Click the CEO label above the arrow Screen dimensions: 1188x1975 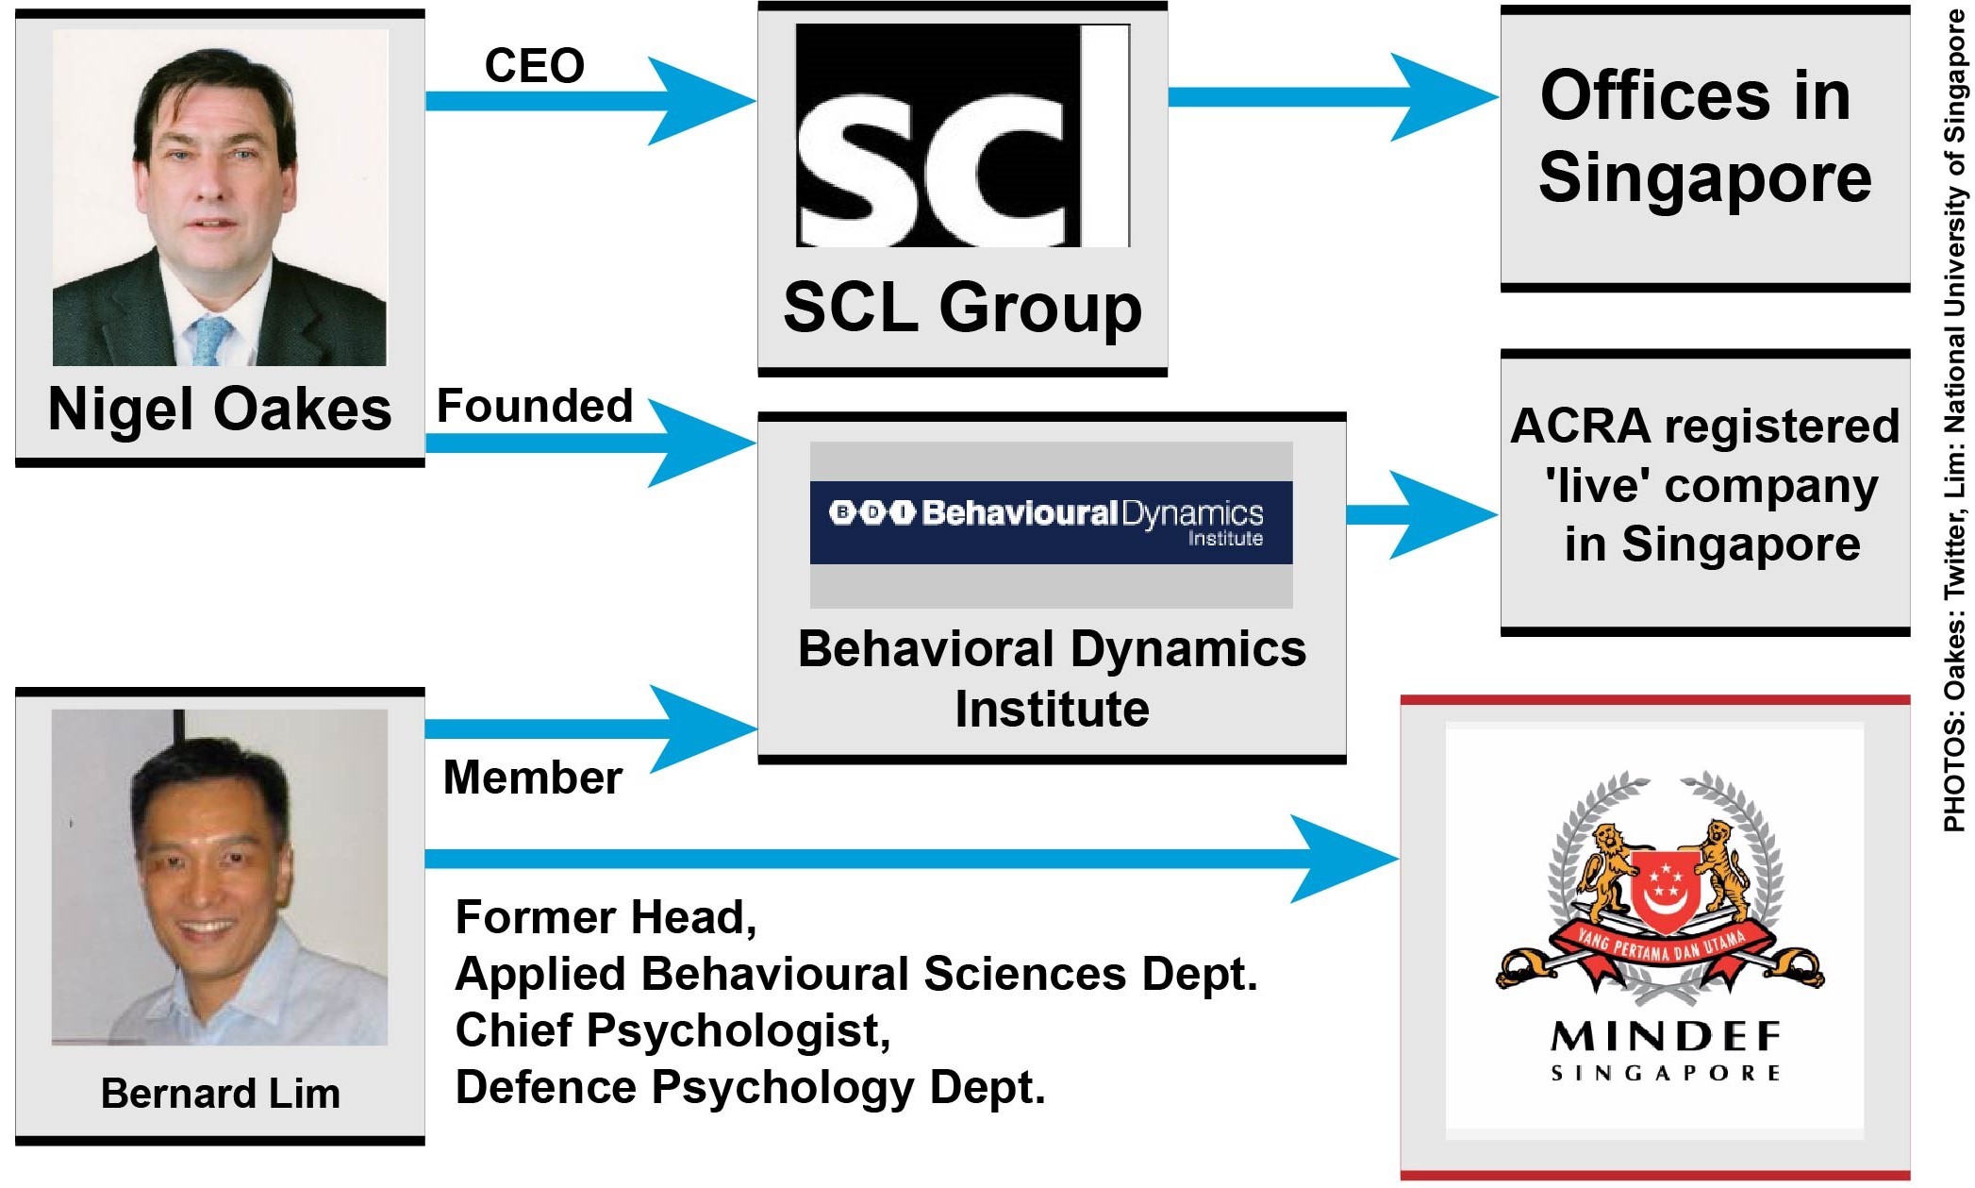pyautogui.click(x=534, y=66)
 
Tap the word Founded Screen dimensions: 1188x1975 pyautogui.click(x=534, y=407)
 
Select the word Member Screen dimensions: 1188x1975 pyautogui.click(x=532, y=778)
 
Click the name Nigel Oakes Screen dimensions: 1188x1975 pyautogui.click(x=219, y=410)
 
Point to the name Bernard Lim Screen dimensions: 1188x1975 pyautogui.click(x=220, y=1094)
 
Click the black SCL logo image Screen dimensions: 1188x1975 pyautogui.click(x=962, y=136)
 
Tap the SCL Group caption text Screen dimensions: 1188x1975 pyautogui.click(x=962, y=308)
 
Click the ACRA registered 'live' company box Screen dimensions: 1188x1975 pyautogui.click(x=1704, y=486)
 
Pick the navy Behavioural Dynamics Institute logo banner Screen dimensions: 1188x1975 pyautogui.click(x=1051, y=522)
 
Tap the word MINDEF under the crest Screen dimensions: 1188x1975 pyautogui.click(x=1666, y=1038)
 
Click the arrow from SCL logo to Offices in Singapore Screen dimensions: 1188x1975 pyautogui.click(x=1330, y=96)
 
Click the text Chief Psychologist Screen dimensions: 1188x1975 pyautogui.click(x=672, y=1030)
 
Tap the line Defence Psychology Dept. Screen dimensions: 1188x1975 pyautogui.click(x=750, y=1087)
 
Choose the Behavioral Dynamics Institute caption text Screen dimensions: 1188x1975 pyautogui.click(x=1052, y=678)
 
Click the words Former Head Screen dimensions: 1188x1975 pyautogui.click(x=606, y=917)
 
